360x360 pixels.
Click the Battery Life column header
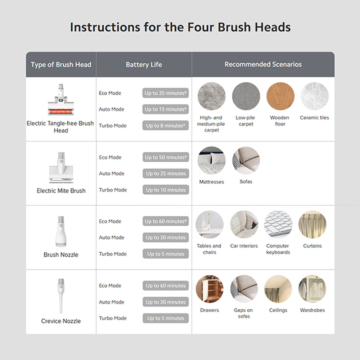tap(144, 64)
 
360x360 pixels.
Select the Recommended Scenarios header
tap(263, 64)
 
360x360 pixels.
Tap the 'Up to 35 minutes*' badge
tap(166, 93)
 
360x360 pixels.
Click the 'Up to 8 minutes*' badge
tap(166, 126)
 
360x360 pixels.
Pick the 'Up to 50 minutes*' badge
tap(166, 157)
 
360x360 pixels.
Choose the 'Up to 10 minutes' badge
tap(166, 190)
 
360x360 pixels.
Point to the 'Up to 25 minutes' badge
tap(166, 174)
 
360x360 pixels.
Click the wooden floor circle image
tap(280, 96)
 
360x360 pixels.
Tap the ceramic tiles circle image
tap(315, 96)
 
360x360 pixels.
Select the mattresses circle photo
tap(211, 161)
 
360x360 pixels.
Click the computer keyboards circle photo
tap(278, 225)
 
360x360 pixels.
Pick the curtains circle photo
tap(312, 225)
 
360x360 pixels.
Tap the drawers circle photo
tap(210, 289)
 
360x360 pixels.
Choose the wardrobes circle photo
tap(312, 289)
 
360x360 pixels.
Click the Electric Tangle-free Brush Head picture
tap(61, 99)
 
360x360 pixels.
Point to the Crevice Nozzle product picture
tap(61, 296)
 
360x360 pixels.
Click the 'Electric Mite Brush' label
tap(61, 191)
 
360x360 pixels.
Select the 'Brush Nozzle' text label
tap(61, 255)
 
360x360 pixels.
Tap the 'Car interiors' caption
tap(244, 246)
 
